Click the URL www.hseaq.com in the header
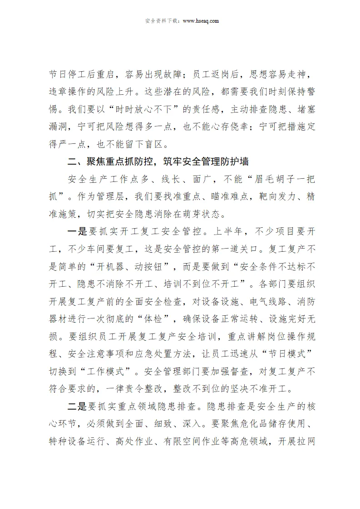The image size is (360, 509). pos(200,20)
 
